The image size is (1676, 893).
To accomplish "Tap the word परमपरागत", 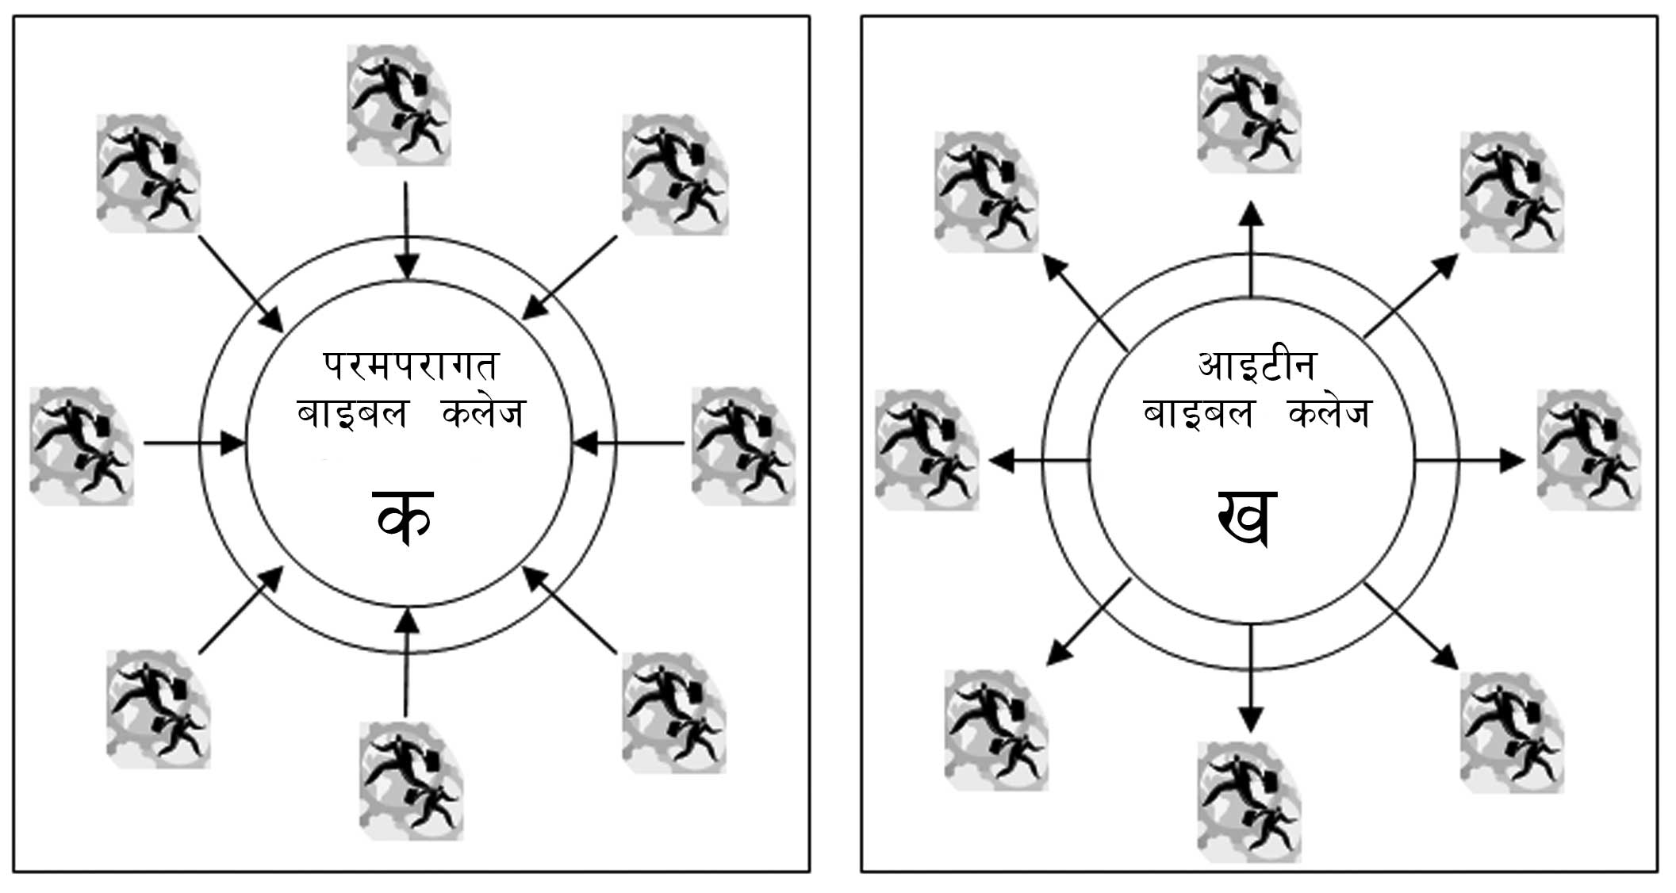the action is pyautogui.click(x=410, y=366).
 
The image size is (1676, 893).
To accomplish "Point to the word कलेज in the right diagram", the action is pyautogui.click(x=1329, y=413).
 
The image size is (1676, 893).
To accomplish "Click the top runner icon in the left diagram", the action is pyautogui.click(x=399, y=105).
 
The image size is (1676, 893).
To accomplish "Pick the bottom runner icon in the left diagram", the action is pyautogui.click(x=411, y=780).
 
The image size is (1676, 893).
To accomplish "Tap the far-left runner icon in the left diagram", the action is pyautogui.click(x=82, y=446).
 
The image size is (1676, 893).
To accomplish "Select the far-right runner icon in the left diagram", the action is pyautogui.click(x=742, y=446).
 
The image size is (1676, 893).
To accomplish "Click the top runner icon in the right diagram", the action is pyautogui.click(x=1248, y=113).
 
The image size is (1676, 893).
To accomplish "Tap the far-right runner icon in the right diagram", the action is pyautogui.click(x=1589, y=450).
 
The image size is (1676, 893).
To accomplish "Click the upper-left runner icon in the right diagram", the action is pyautogui.click(x=986, y=192).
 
